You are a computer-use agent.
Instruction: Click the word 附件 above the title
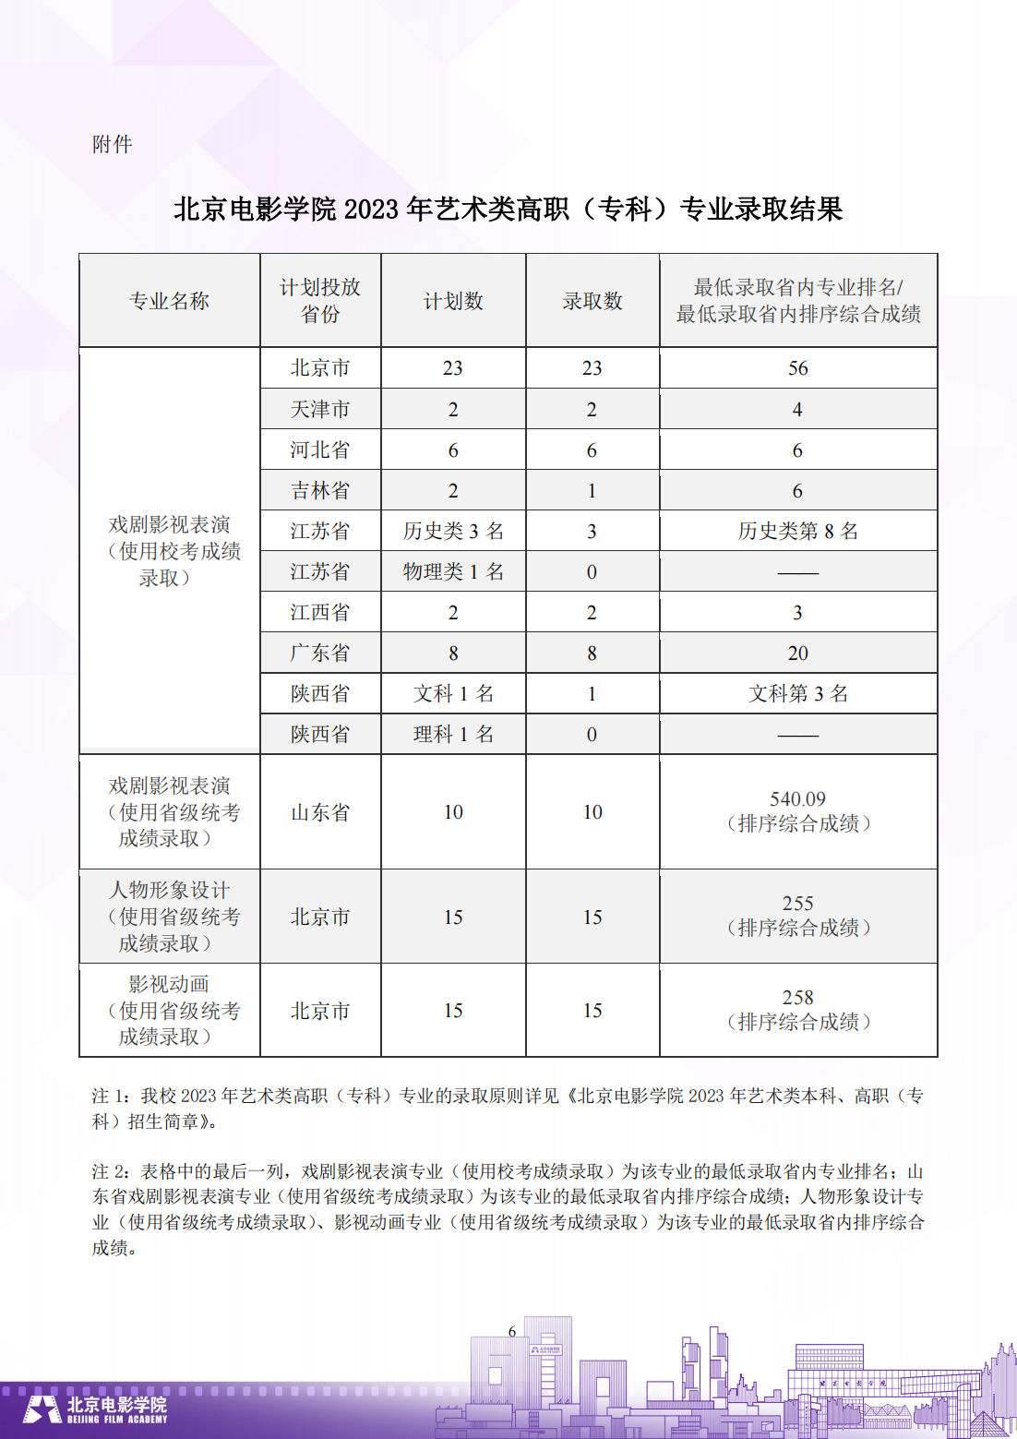[x=113, y=144]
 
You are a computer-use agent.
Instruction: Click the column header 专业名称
[x=169, y=301]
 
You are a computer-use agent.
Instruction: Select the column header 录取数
[x=592, y=301]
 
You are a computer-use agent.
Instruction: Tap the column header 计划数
[x=453, y=301]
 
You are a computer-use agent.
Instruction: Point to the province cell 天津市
[x=320, y=409]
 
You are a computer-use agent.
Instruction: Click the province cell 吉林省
[x=320, y=490]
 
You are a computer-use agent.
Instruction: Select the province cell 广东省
[x=320, y=653]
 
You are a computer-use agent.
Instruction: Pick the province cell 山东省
[x=320, y=812]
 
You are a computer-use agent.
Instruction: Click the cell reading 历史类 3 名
[x=453, y=531]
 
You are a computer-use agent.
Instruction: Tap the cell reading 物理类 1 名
[x=453, y=571]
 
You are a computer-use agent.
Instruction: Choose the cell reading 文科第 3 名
[x=797, y=693]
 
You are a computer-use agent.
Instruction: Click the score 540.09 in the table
[x=797, y=799]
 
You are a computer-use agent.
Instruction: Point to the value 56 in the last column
[x=797, y=368]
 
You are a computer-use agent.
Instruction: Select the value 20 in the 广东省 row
[x=797, y=654]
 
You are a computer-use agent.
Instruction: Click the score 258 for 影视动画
[x=797, y=998]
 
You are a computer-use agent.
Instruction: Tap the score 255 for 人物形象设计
[x=797, y=904]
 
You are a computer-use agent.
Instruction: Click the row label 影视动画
[x=169, y=984]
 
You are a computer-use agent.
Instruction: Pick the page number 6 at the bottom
[x=512, y=1331]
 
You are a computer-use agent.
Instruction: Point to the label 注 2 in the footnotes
[x=110, y=1171]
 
